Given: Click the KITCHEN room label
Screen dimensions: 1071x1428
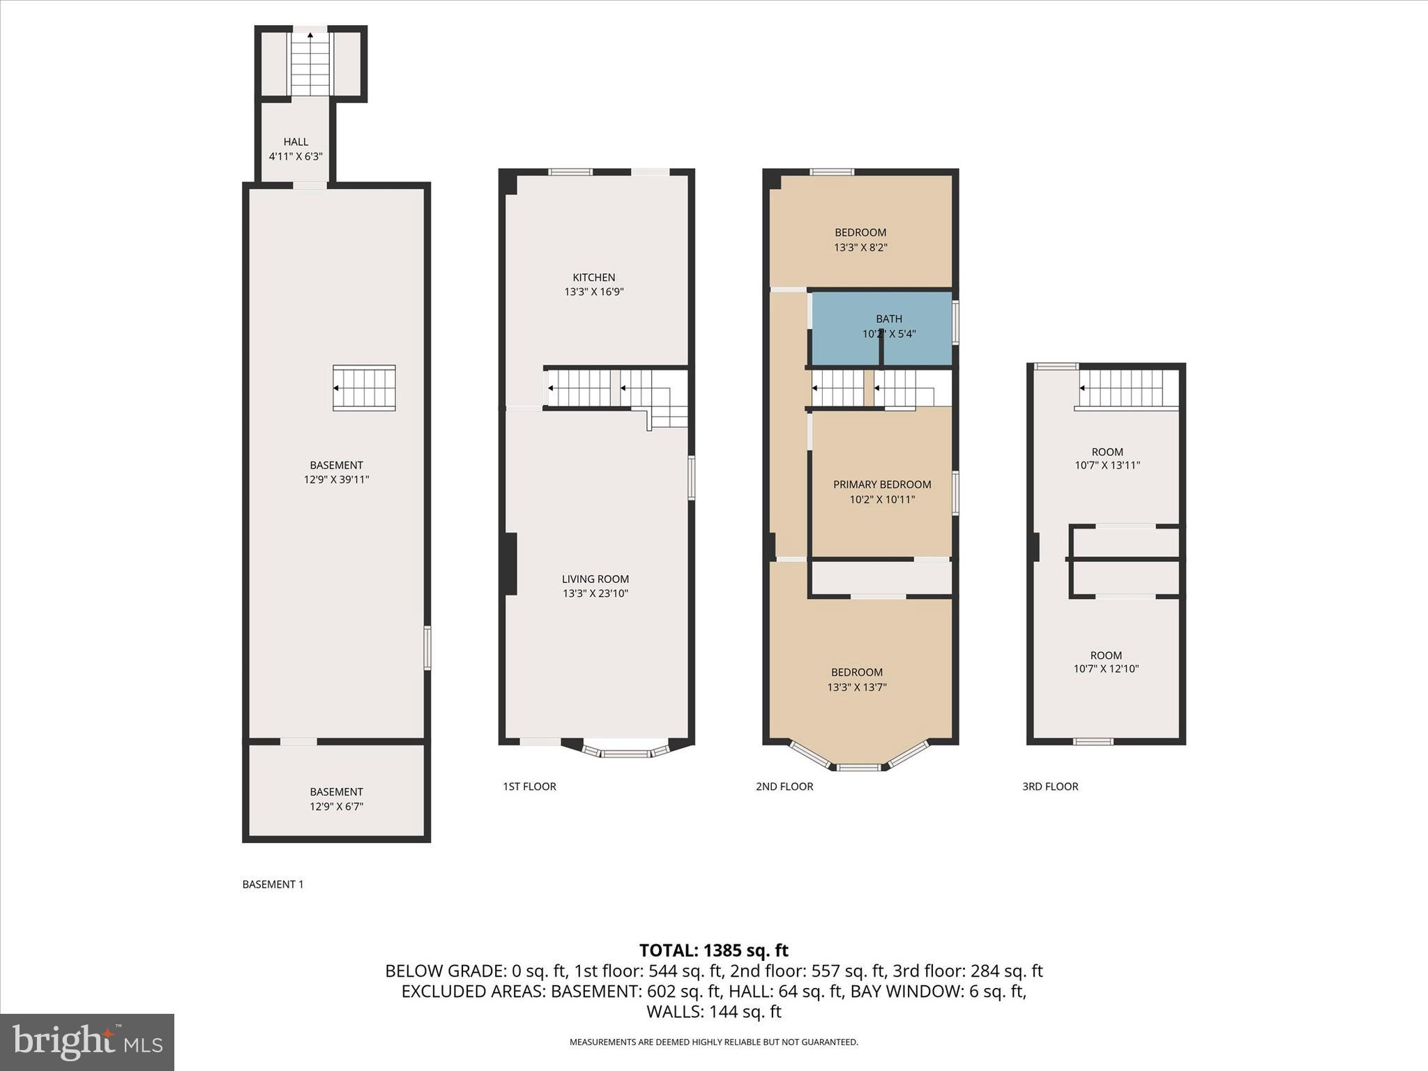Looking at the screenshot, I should click(x=593, y=278).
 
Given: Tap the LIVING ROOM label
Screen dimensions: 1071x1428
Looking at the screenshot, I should click(x=595, y=579).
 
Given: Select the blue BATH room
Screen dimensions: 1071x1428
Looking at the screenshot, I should click(x=883, y=327).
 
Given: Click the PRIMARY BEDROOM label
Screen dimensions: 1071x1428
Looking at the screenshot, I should click(x=882, y=485).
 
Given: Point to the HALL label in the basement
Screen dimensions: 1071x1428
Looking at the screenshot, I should click(x=296, y=142).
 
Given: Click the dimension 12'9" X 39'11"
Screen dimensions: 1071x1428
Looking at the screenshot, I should click(x=336, y=480).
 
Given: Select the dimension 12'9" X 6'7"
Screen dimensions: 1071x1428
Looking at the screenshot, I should click(x=336, y=807).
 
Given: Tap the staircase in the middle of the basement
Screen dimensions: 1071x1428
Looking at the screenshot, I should click(x=364, y=388).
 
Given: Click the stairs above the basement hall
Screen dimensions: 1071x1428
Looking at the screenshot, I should click(x=310, y=64).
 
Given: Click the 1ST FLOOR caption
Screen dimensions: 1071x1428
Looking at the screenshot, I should click(x=529, y=787).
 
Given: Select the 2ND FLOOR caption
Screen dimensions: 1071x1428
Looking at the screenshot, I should click(x=784, y=787).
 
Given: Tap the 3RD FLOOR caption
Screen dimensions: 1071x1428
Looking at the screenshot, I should click(x=1050, y=787).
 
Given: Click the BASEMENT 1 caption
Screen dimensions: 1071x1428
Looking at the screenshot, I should click(x=273, y=884).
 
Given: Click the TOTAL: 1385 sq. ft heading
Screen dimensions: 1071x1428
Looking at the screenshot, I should click(x=713, y=950).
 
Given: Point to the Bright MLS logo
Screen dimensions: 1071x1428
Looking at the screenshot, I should click(x=87, y=1042).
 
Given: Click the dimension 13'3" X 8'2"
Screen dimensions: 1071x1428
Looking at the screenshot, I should click(x=860, y=248).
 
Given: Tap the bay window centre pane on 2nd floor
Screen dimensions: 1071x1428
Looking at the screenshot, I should click(x=858, y=768).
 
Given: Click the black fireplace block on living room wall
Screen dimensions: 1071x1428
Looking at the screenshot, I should click(x=510, y=563).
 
